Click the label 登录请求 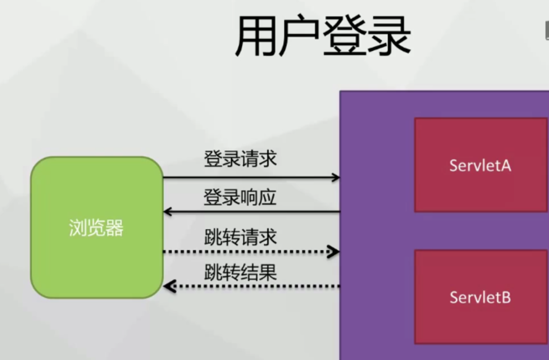tap(240, 159)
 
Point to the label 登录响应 tap(240, 197)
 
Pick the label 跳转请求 tap(241, 237)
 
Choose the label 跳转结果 tap(241, 272)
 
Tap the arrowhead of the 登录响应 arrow tap(167, 212)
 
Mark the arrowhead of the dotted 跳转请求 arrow tap(335, 251)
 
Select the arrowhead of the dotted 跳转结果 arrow tap(169, 286)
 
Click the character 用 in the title tap(257, 36)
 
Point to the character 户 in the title tap(300, 36)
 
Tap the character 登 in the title tap(344, 36)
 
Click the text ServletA tap(480, 165)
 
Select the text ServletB tap(480, 297)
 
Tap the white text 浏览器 tap(97, 228)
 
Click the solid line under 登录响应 tap(253, 212)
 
